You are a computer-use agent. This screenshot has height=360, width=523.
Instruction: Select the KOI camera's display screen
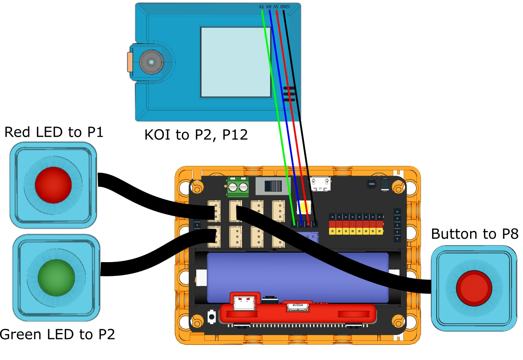[236, 62]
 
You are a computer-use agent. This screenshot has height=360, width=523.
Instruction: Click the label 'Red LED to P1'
[54, 132]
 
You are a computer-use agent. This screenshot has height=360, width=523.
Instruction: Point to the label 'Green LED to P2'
[57, 335]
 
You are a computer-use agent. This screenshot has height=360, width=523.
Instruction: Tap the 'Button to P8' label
[475, 234]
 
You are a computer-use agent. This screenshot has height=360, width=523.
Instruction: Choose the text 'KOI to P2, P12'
[196, 135]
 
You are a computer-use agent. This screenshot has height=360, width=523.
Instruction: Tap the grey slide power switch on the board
[272, 186]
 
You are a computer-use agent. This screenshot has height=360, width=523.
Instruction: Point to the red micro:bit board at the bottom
[298, 313]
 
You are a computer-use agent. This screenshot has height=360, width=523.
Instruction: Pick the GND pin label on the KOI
[285, 7]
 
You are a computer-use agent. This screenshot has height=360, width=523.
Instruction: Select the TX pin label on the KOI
[261, 7]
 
